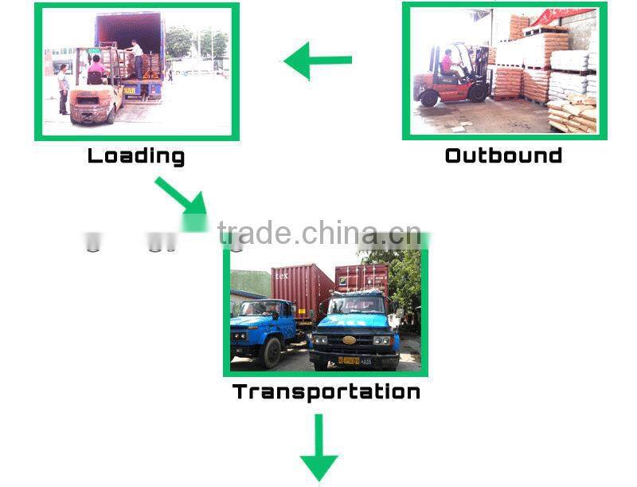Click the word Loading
pos(135,155)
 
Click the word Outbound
pos(503,155)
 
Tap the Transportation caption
pos(326,391)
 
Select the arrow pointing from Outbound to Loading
pos(318,61)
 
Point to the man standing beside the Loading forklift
pos(63,88)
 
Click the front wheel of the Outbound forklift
pos(429,97)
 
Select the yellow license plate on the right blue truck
pos(350,360)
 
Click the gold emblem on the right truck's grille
pos(349,340)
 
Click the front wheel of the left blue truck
pos(271,351)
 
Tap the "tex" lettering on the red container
pos(282,276)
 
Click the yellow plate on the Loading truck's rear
pos(129,90)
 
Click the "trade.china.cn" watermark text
pos(318,233)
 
